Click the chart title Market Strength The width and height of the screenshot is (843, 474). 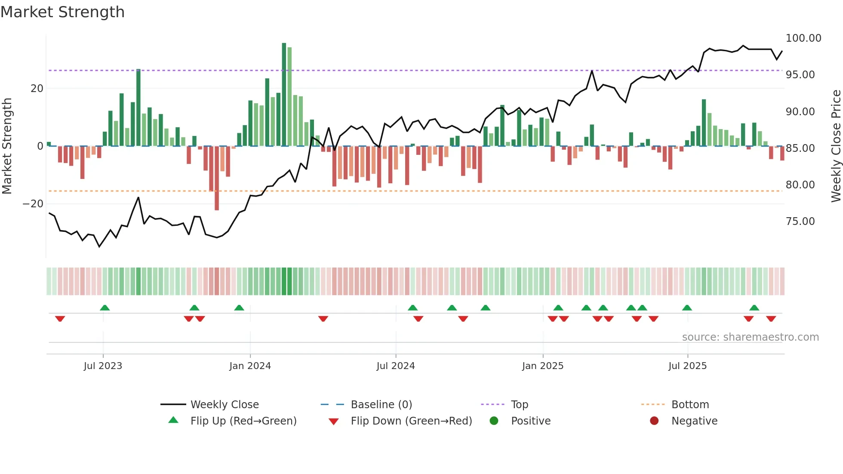point(62,12)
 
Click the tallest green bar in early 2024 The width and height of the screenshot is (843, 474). point(284,95)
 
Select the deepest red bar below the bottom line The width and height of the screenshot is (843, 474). point(217,178)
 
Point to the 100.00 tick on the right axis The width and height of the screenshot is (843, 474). point(803,38)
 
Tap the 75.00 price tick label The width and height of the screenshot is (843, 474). point(800,222)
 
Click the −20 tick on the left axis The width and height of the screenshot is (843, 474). point(33,204)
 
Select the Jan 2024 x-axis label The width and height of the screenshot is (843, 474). point(250,366)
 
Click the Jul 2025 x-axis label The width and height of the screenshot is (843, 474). point(687,366)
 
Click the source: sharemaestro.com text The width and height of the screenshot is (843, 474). point(750,337)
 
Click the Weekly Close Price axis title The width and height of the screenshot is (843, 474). point(836,146)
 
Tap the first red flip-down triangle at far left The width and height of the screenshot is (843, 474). point(60,319)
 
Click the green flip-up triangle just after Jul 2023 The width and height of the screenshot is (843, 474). point(105,308)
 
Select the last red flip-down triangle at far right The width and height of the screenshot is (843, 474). point(771,319)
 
